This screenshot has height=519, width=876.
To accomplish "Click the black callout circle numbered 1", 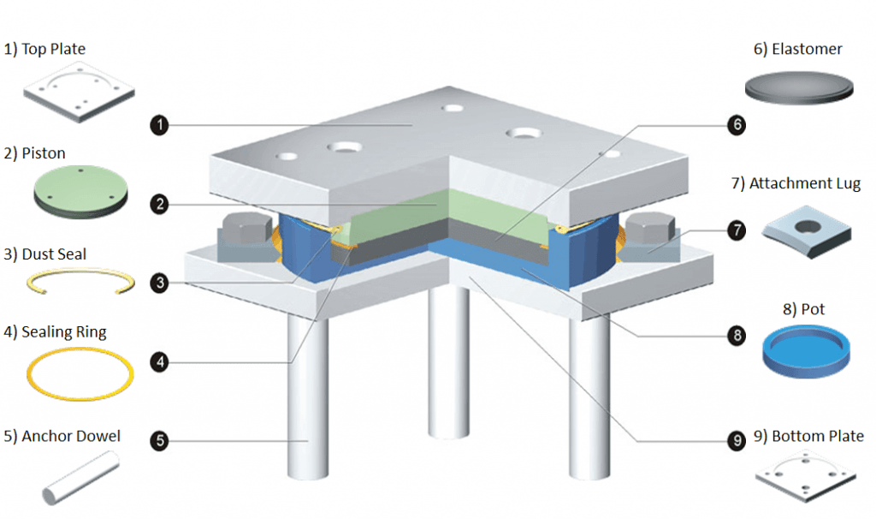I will [x=159, y=126].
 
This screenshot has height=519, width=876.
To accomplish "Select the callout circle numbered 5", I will [x=159, y=442].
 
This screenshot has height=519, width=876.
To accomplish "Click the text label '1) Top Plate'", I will [x=44, y=49].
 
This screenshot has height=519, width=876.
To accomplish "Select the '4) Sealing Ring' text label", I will [x=55, y=331].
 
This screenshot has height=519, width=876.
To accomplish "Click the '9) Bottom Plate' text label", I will [x=808, y=437].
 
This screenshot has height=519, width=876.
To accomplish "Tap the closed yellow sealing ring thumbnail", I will [x=80, y=373].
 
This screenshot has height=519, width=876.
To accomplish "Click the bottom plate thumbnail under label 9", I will [x=807, y=480].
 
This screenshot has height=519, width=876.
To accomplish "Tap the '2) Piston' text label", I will [x=35, y=153].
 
